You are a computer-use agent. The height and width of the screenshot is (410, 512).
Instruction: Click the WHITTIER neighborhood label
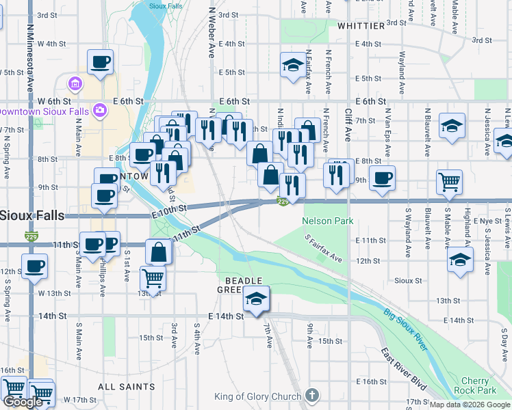coord(361,26)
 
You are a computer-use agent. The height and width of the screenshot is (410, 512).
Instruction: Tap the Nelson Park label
coord(327,221)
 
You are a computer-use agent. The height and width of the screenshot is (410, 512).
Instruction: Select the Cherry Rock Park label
coord(474,385)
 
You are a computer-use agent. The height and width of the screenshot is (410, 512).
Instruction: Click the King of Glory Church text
coord(257,396)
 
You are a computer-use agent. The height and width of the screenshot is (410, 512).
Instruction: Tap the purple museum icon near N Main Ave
coord(75,84)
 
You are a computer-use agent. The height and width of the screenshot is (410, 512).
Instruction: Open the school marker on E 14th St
coord(256,299)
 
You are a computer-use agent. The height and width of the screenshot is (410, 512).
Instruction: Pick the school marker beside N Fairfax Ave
coord(293,66)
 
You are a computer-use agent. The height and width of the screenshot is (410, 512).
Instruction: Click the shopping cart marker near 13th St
coord(153,278)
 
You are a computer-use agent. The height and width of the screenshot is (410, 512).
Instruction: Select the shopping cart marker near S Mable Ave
coord(450,181)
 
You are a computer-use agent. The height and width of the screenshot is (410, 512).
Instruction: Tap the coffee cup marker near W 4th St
coord(100,61)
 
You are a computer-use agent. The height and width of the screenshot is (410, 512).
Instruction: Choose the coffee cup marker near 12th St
coord(34,266)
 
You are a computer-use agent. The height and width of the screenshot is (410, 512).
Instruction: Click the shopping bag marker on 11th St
coord(159,252)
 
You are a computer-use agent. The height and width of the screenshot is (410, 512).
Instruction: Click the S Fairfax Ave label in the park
coord(324,248)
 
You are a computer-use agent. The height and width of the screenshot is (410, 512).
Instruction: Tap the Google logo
coord(23,402)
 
